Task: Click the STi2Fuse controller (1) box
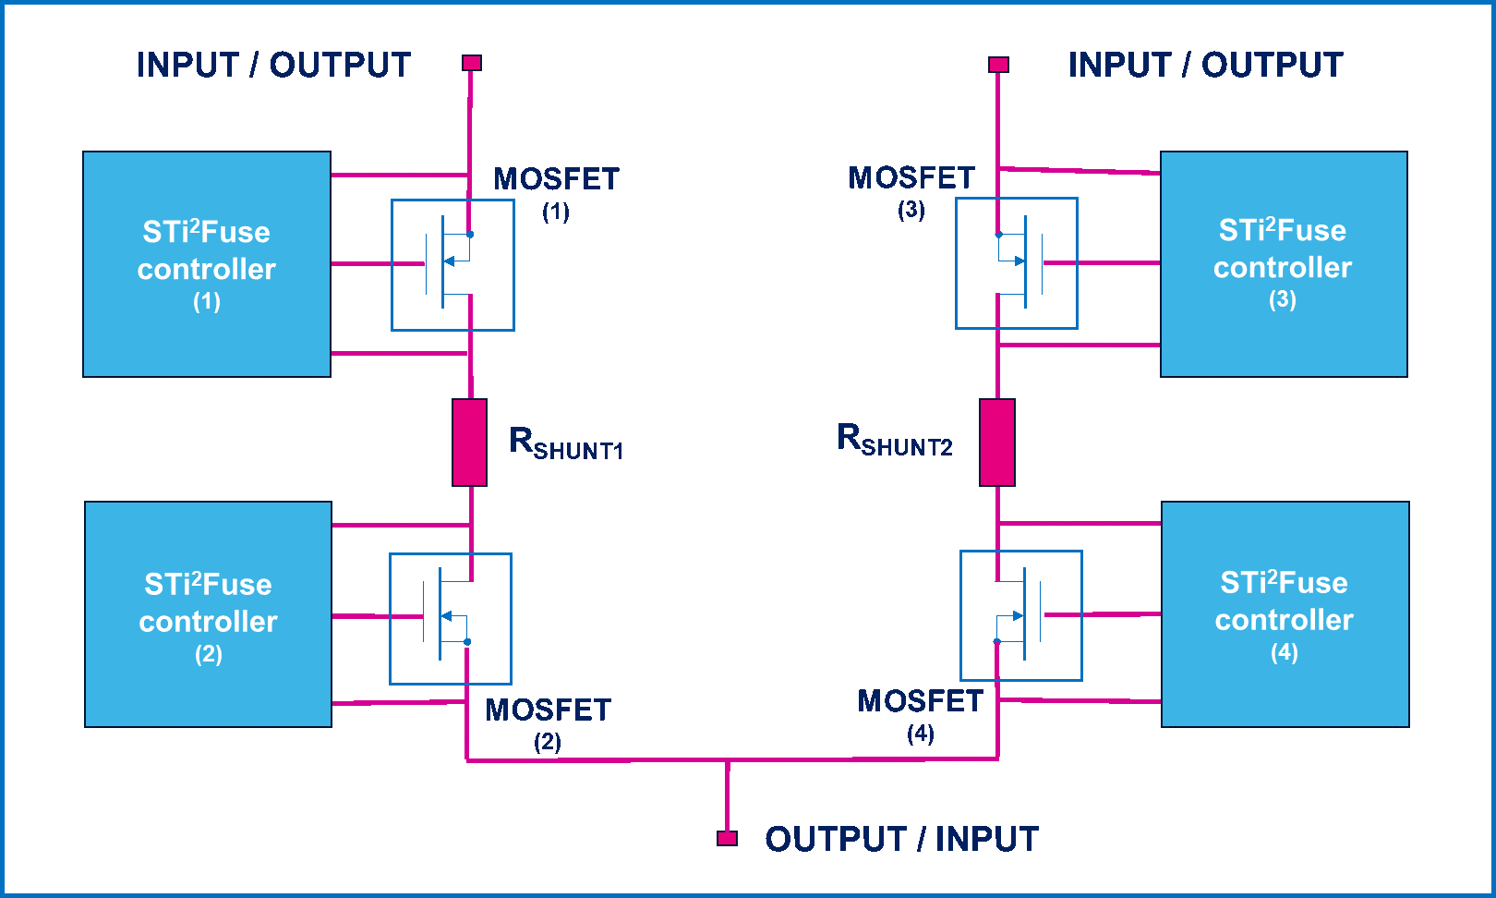[x=207, y=264]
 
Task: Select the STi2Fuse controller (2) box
[x=209, y=614]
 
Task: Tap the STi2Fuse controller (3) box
[x=1284, y=264]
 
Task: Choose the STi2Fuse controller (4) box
[x=1285, y=614]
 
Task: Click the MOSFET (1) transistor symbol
[x=452, y=264]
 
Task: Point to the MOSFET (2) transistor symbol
[x=451, y=619]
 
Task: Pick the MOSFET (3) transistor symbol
[x=1017, y=263]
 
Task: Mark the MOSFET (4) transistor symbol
[x=1021, y=615]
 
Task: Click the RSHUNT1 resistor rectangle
[x=469, y=443]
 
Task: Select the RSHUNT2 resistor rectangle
[x=997, y=443]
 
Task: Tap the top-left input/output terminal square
[x=472, y=63]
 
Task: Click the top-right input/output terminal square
[x=998, y=64]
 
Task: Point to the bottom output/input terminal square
[x=727, y=838]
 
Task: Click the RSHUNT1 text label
[x=566, y=443]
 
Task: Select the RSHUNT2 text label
[x=895, y=439]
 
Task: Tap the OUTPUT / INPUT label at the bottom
[x=901, y=839]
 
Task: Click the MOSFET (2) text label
[x=548, y=723]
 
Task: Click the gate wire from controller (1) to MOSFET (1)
[x=378, y=264]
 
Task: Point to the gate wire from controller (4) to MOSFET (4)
[x=1102, y=614]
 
